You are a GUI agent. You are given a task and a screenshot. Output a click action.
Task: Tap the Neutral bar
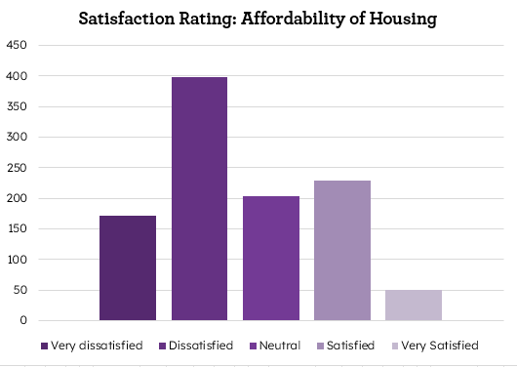point(270,258)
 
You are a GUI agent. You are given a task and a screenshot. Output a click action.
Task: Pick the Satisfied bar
point(341,250)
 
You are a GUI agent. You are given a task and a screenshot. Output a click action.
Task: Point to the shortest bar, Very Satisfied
point(413,305)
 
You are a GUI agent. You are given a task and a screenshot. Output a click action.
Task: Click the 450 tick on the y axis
point(17,46)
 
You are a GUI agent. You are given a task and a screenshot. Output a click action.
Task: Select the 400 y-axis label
point(17,76)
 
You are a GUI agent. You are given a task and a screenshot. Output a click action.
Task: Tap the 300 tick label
point(17,138)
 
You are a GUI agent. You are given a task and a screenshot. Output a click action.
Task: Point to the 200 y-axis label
point(17,199)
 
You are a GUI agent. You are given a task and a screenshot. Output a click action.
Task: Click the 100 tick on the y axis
point(17,260)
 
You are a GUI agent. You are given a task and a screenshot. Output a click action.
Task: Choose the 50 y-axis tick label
point(20,291)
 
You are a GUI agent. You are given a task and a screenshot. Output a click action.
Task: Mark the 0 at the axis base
point(22,321)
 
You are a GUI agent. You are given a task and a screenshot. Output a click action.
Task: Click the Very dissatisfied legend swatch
point(45,346)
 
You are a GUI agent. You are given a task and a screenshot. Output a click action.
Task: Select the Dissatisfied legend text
point(201,346)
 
